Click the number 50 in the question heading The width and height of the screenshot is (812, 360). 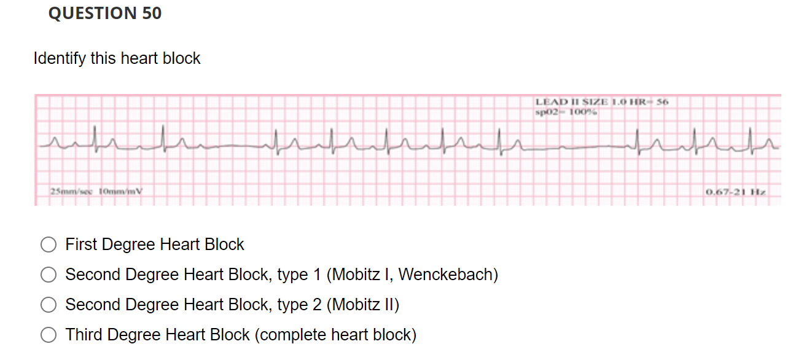[x=152, y=14]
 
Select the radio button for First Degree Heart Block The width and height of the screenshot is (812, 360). [x=49, y=245]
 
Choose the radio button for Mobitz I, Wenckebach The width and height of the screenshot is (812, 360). [x=49, y=275]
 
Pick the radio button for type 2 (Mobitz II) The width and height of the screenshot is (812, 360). [x=49, y=305]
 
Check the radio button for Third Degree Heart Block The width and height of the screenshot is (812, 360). [x=49, y=335]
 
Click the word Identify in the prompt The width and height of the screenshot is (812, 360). [x=60, y=58]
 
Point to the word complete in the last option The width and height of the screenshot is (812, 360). [x=292, y=335]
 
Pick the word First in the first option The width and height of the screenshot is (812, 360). [x=82, y=245]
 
